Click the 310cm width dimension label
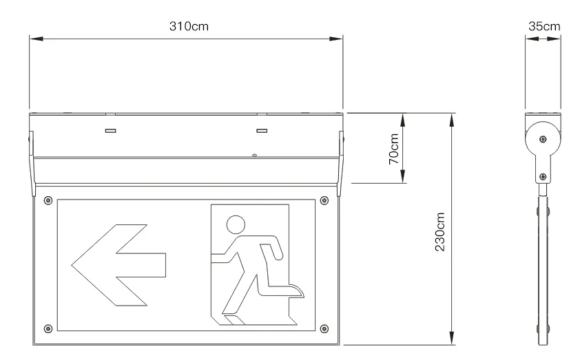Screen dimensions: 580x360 [x=189, y=26]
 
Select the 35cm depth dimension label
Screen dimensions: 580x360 [x=544, y=26]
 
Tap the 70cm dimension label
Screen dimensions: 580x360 [x=394, y=149]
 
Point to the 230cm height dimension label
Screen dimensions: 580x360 [x=439, y=232]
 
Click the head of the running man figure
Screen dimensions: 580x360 [x=236, y=224]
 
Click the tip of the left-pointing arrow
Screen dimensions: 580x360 [x=72, y=265]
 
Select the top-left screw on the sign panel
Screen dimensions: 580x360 [x=48, y=200]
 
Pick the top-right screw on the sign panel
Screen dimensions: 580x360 [x=324, y=200]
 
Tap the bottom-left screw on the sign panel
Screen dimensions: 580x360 [x=48, y=328]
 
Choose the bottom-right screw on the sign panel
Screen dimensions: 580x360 [x=324, y=328]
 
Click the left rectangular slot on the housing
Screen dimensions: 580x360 [x=111, y=131]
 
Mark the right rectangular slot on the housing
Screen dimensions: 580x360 [x=262, y=131]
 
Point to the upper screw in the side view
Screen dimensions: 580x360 [x=543, y=139]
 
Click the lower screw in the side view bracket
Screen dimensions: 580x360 [x=543, y=177]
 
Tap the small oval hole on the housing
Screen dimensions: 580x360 [x=254, y=156]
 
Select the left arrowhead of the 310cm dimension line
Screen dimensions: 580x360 [x=37, y=39]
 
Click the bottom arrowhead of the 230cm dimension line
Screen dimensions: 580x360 [x=452, y=338]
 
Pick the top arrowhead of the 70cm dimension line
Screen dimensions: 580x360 [x=403, y=120]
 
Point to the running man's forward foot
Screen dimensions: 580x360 [x=297, y=290]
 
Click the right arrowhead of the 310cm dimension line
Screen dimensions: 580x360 [x=336, y=39]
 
